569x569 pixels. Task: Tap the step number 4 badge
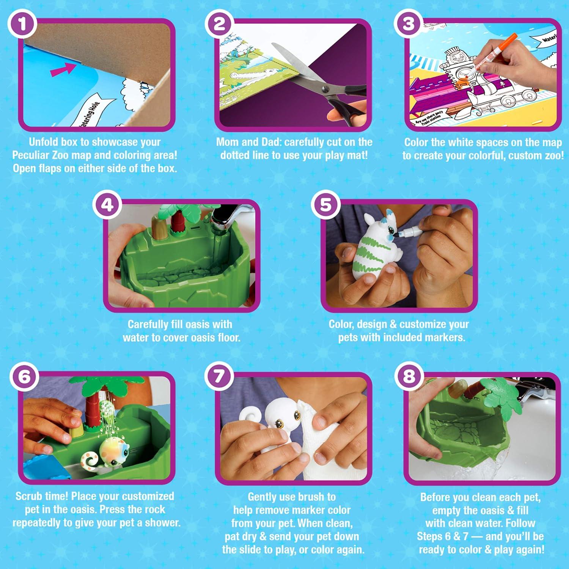108,205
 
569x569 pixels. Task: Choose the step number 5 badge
325,205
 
